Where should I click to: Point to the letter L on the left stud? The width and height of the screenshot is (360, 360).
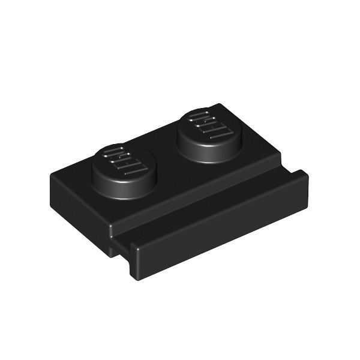tap(136, 169)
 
